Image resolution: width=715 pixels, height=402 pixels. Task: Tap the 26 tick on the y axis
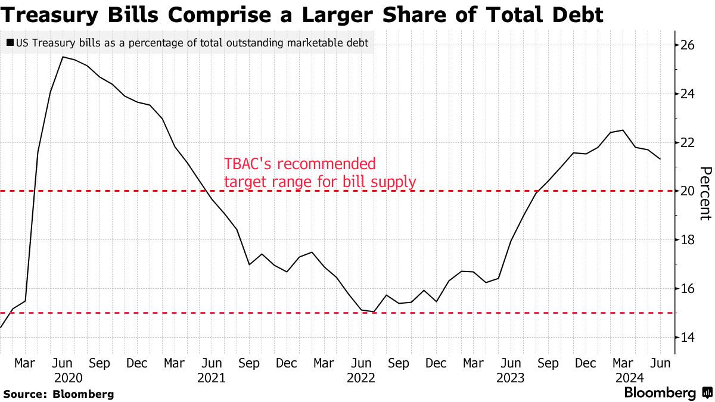point(688,45)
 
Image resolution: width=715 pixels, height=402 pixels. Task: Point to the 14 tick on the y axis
point(688,338)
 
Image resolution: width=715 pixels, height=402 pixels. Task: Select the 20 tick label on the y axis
point(688,191)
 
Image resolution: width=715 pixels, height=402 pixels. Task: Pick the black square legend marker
point(10,43)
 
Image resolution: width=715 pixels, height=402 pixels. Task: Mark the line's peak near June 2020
point(63,57)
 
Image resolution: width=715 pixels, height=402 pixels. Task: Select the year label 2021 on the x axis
point(211,378)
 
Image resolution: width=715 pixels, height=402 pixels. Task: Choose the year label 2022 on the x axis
point(360,378)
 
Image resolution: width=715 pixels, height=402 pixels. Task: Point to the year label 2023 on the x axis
point(511,378)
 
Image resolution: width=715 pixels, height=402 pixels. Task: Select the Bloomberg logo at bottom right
point(667,393)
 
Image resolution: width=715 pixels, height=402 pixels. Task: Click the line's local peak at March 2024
point(623,130)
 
